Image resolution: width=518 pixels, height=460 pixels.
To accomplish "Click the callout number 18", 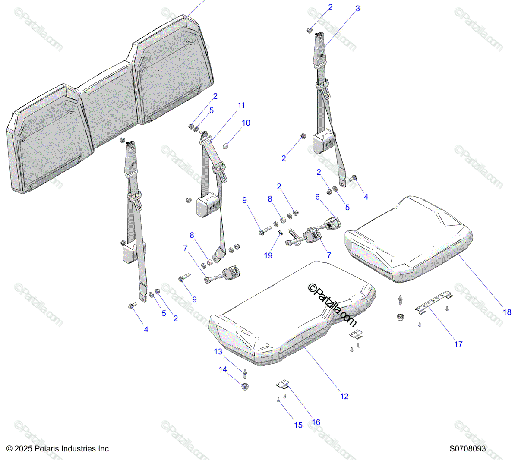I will [507, 312].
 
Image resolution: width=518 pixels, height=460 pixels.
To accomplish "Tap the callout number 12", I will [344, 396].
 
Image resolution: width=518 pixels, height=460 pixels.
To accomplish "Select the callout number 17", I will [458, 344].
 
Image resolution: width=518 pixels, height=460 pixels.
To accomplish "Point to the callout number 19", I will [268, 255].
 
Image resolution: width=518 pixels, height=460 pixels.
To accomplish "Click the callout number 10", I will [246, 123].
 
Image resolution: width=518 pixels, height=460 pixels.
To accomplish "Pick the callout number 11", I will [241, 105].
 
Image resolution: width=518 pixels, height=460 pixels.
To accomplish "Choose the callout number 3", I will [357, 9].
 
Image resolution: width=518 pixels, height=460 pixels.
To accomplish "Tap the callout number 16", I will [316, 422].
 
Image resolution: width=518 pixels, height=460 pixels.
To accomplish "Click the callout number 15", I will [298, 425].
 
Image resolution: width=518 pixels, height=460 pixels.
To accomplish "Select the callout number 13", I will [218, 352].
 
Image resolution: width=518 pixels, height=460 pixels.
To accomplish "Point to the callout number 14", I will [223, 369].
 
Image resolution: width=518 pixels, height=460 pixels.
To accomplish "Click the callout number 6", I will [318, 197].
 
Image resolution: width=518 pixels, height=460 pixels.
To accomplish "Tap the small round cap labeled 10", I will [226, 146].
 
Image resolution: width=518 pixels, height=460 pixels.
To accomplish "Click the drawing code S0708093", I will [467, 449].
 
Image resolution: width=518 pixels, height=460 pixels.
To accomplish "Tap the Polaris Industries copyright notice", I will [59, 449].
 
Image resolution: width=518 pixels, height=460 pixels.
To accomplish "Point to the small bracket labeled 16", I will [282, 383].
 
